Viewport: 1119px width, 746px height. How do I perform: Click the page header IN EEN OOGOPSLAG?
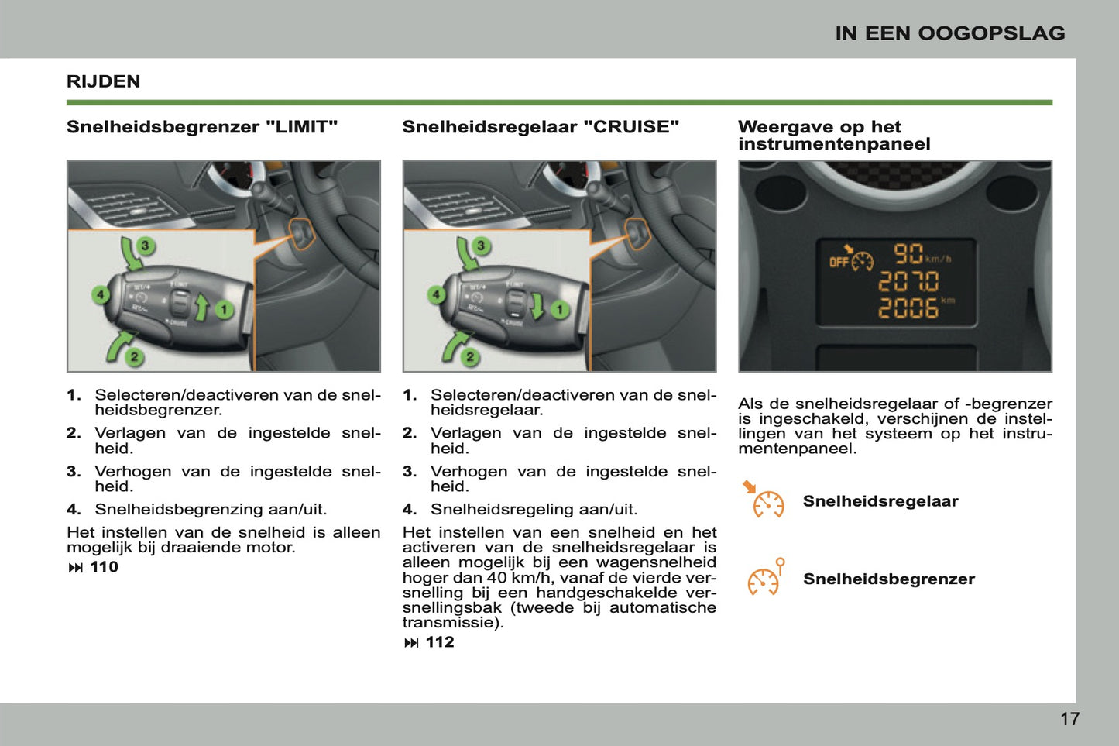click(949, 33)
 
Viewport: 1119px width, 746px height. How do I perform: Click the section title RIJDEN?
click(103, 81)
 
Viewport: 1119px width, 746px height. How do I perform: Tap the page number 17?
click(1069, 719)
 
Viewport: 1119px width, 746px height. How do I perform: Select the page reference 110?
click(104, 567)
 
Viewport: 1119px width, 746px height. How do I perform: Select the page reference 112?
click(439, 642)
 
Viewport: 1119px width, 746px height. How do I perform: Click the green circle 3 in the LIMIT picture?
click(145, 246)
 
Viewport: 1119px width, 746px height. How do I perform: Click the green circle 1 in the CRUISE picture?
click(559, 310)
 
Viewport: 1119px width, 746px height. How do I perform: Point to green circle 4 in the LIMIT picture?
click(100, 294)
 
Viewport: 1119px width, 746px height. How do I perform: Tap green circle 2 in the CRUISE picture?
click(470, 356)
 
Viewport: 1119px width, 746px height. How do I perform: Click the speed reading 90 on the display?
click(908, 254)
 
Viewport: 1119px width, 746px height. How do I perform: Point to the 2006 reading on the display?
click(908, 308)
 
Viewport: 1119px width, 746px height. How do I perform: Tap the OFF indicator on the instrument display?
click(839, 263)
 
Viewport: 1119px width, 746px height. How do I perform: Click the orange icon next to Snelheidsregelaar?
click(765, 500)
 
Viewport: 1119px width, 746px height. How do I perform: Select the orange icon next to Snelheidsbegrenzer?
click(766, 578)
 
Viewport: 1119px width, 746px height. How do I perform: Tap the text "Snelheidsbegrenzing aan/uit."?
click(211, 510)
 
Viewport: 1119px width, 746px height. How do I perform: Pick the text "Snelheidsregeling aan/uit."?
click(534, 510)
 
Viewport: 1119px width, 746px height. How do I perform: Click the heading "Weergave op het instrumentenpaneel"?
click(833, 136)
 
